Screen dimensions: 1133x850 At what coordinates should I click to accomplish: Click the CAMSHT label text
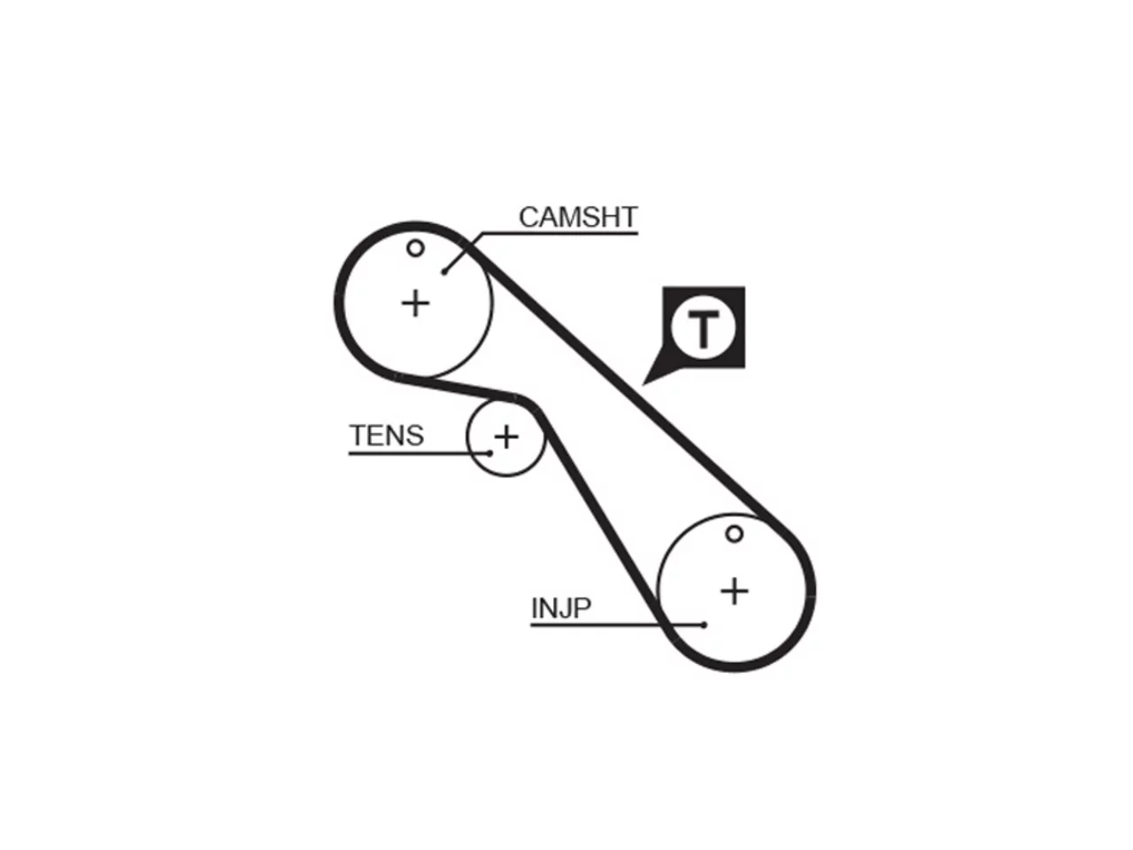coord(578,217)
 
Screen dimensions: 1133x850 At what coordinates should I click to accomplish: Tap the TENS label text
coord(387,437)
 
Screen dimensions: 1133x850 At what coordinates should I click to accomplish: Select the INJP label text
coord(561,609)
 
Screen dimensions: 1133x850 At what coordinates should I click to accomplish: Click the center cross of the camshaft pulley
coord(415,303)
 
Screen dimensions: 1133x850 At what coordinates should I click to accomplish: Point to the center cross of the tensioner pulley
coord(506,437)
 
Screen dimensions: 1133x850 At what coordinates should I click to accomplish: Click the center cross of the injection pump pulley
coord(734,591)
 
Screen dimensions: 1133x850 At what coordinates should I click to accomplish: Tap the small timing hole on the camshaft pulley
coord(415,249)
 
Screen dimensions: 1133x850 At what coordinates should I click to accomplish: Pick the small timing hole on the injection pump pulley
coord(734,534)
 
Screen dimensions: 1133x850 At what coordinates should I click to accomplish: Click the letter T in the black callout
coord(703,328)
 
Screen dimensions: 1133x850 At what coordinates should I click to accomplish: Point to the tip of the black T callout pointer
coord(642,385)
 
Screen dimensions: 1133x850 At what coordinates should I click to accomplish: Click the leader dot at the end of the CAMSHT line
coord(444,272)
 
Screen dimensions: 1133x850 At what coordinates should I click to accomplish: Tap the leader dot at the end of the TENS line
coord(489,453)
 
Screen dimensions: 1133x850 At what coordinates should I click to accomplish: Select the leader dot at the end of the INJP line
coord(704,625)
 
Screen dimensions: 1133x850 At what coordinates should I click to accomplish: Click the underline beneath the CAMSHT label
coord(560,234)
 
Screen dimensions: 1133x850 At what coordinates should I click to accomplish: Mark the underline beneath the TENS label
coord(420,453)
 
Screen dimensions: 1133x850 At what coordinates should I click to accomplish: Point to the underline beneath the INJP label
coord(617,625)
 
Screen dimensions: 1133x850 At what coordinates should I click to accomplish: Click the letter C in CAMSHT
coord(529,217)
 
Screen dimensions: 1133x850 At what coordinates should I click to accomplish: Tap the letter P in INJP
coord(582,609)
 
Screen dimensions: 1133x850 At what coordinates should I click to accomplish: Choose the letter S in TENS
coord(414,437)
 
